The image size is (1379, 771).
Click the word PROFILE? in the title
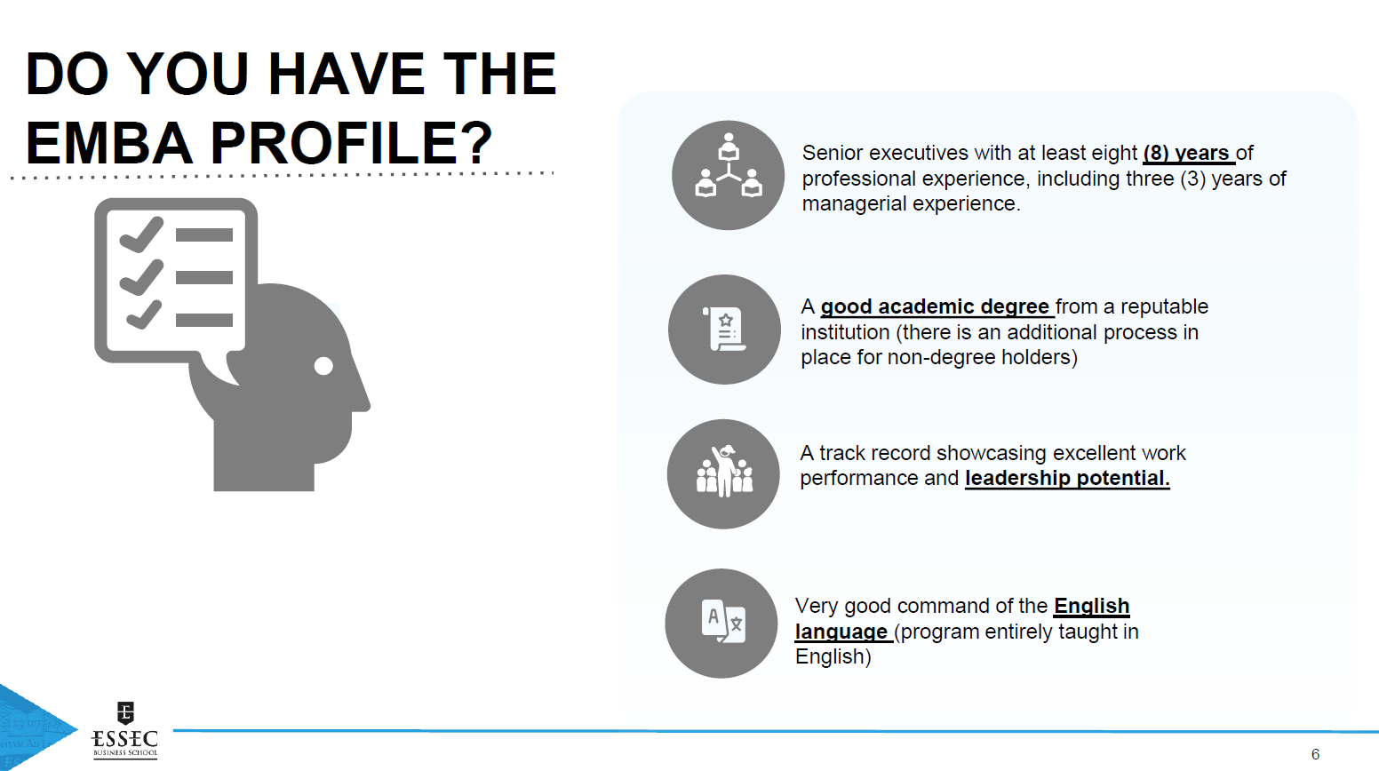[x=352, y=143]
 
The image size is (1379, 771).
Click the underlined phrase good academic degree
[x=935, y=306]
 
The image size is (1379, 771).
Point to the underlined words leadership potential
[x=1067, y=478]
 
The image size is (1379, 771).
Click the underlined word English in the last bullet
[x=1091, y=606]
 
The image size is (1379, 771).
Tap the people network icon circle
[x=729, y=175]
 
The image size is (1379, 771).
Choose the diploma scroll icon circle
[x=724, y=330]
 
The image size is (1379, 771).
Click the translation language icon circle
[x=721, y=624]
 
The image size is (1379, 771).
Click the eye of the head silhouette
[x=323, y=366]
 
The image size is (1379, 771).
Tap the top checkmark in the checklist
[x=141, y=235]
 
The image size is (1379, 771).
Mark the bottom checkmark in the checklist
[x=144, y=315]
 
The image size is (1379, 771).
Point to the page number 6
[x=1316, y=754]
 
